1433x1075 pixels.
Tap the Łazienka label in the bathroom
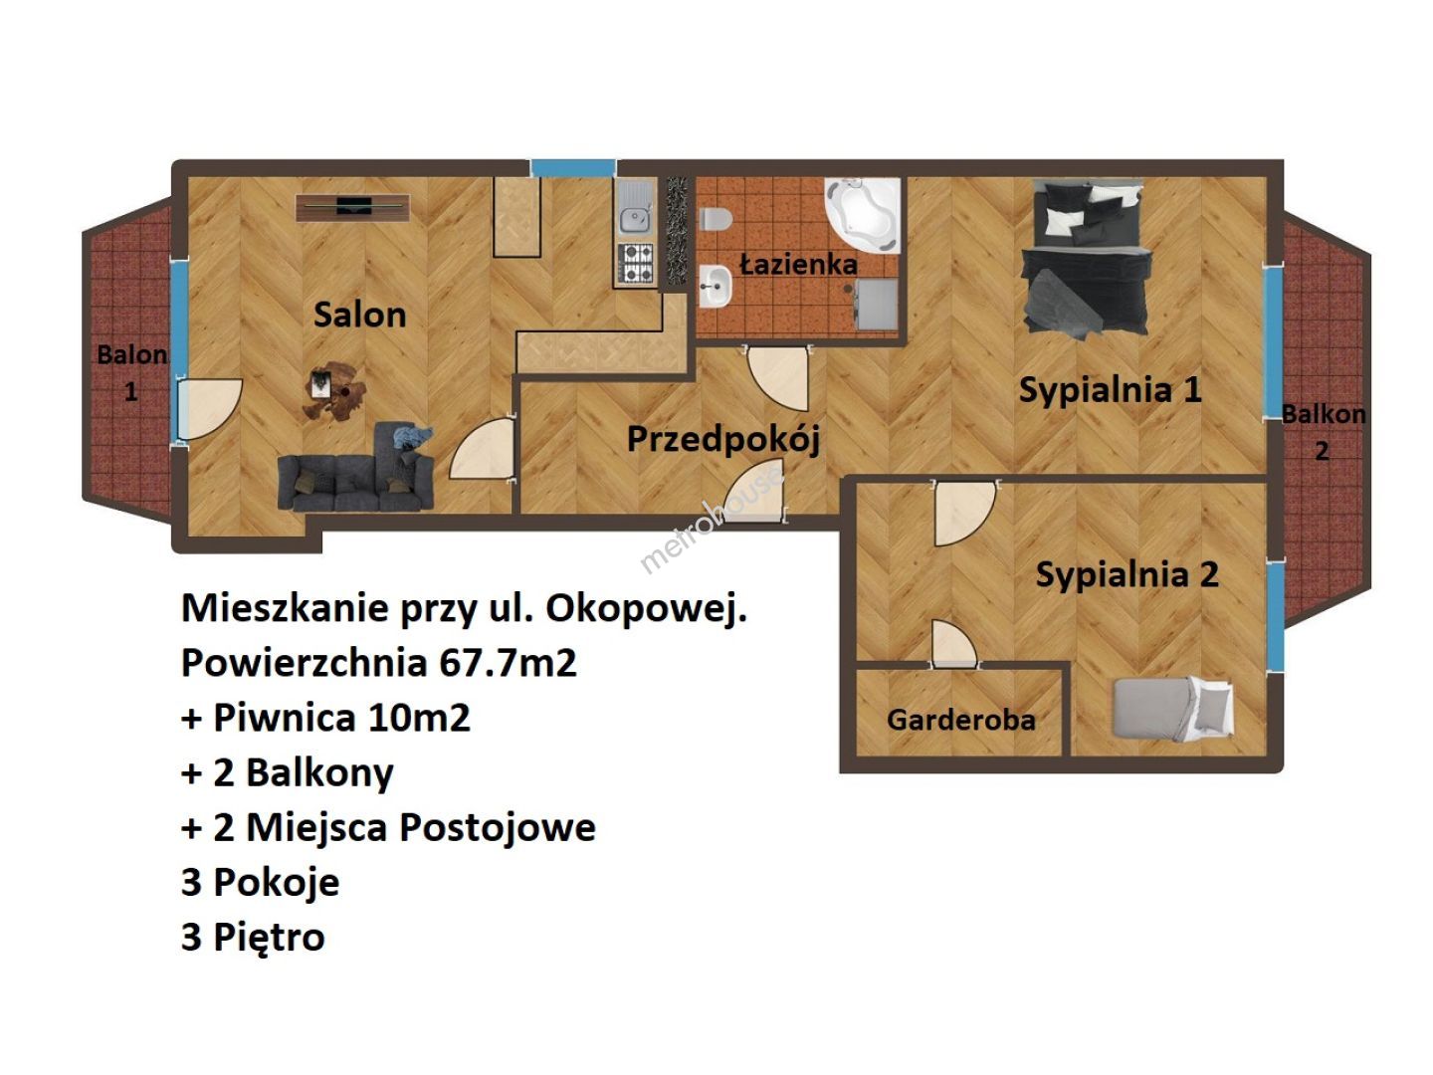tap(798, 264)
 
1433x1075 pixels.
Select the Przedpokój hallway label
tap(722, 439)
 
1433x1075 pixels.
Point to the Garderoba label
tap(961, 720)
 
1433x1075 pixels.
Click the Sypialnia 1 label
tap(1110, 390)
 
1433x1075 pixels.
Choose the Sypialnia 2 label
tap(1126, 574)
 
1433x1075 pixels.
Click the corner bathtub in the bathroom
tap(863, 215)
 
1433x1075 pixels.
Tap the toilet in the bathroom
tap(715, 219)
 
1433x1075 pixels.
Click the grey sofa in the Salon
tap(356, 468)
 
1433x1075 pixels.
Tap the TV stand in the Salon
tap(352, 208)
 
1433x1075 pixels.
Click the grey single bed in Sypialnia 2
tap(1172, 710)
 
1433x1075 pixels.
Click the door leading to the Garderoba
tap(953, 643)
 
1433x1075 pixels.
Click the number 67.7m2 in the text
tap(508, 663)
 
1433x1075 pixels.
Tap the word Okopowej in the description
tap(646, 609)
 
